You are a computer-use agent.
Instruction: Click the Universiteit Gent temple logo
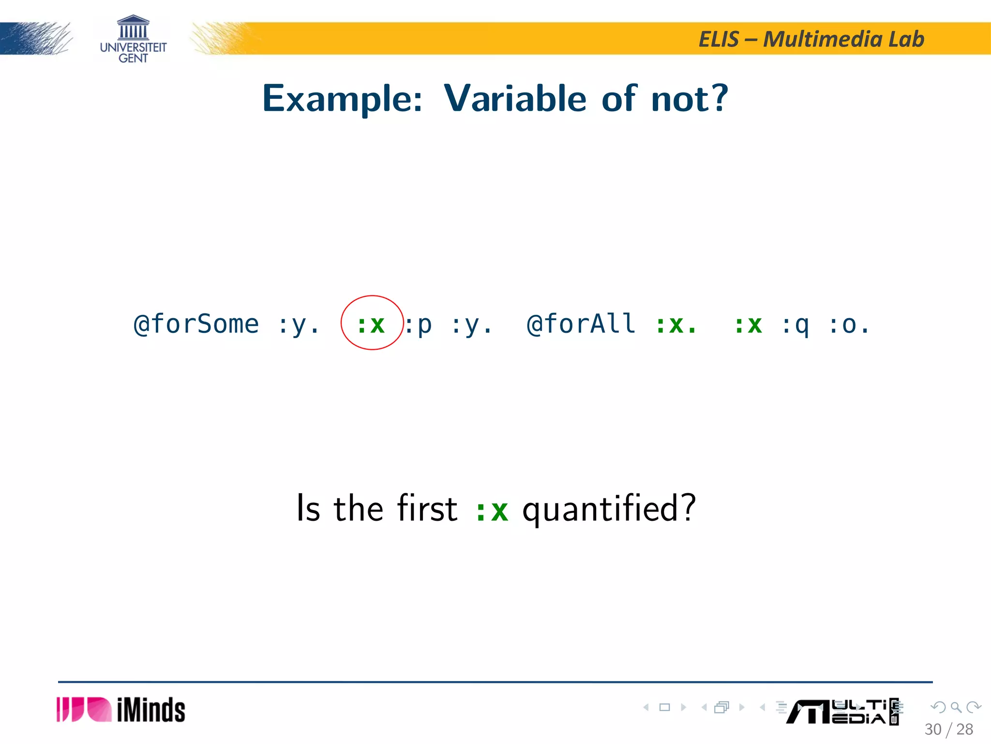pos(133,39)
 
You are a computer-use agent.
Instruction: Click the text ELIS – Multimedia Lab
pos(811,39)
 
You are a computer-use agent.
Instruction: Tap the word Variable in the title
pos(515,98)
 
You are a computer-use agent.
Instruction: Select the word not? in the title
pos(690,98)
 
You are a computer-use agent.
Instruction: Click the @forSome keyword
pos(196,324)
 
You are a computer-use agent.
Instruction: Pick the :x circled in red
pos(371,324)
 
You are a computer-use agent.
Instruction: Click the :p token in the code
pos(419,325)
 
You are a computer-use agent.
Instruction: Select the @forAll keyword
pos(581,324)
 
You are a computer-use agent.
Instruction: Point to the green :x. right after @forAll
pos(676,324)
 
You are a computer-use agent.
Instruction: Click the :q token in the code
pos(795,325)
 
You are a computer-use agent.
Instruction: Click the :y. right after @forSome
pos(299,325)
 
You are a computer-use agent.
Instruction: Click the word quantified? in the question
pos(609,509)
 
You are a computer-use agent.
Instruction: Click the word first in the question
pos(427,508)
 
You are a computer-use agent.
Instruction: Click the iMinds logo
pos(121,710)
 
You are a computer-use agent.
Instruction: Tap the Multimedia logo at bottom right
pos(842,712)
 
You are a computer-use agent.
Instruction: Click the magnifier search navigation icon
pos(956,708)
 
